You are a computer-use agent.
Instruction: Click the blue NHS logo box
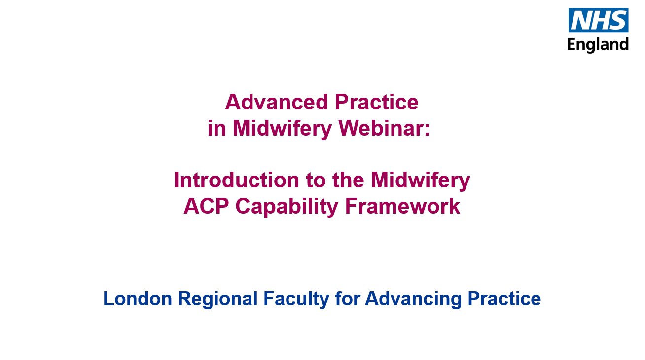598,20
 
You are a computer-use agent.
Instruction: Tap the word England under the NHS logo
598,45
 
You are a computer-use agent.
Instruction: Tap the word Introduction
236,180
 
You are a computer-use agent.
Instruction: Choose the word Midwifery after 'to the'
421,180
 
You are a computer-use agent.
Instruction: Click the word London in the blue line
138,299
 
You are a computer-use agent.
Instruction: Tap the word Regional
217,299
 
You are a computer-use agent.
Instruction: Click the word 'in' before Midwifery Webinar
216,128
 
